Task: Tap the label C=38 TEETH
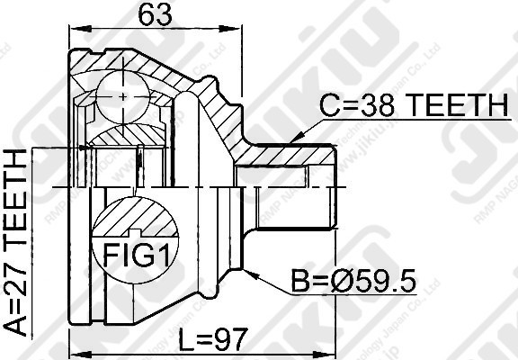pos(413,108)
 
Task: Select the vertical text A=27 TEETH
pos(17,242)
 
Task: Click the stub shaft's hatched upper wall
pos(288,155)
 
